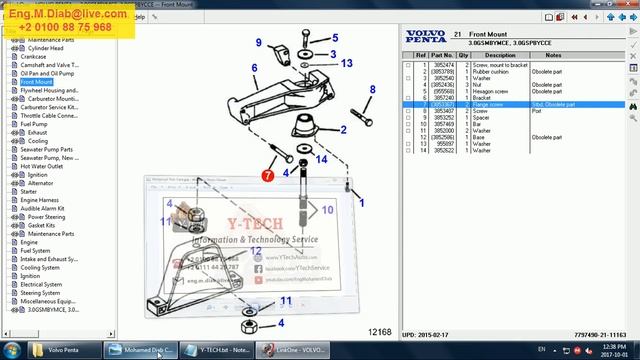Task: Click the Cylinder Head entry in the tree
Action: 46,48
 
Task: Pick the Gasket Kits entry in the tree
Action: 41,225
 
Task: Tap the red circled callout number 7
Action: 268,176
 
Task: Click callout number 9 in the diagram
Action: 258,43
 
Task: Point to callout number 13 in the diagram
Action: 346,63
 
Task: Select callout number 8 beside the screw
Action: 372,90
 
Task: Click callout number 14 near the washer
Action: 321,159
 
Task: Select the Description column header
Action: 500,55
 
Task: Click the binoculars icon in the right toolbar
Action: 633,103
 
